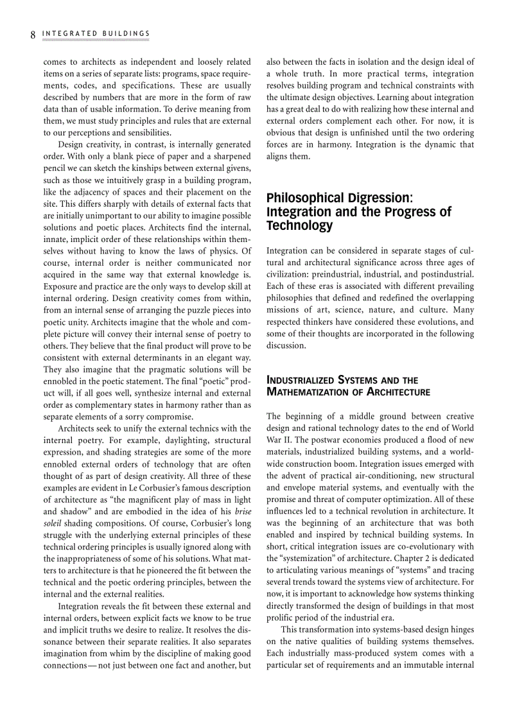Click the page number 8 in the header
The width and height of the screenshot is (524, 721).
32,34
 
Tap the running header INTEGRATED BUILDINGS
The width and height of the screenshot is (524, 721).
96,33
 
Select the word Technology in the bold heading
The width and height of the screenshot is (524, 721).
300,225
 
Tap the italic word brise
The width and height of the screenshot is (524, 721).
243,511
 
